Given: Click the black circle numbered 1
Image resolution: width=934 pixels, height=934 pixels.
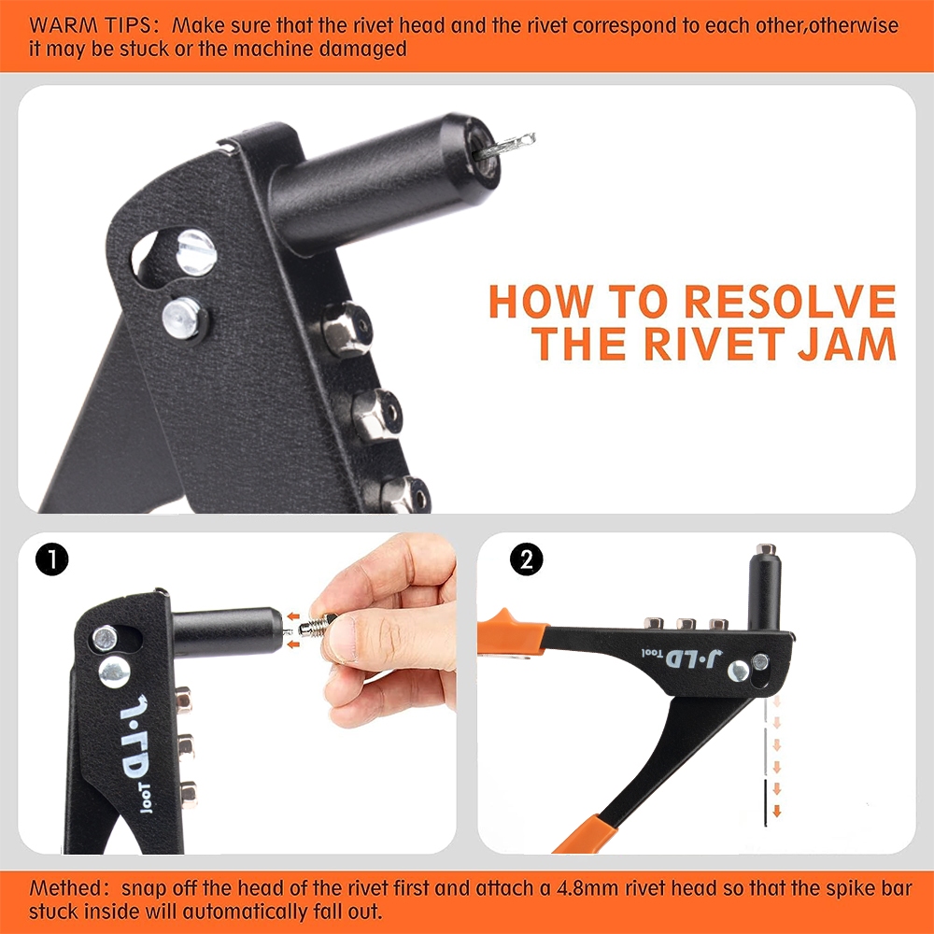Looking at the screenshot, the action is tap(51, 559).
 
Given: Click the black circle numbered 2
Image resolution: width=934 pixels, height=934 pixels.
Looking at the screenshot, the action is tap(527, 559).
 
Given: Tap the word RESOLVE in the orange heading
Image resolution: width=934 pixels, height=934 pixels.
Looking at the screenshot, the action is tap(790, 302).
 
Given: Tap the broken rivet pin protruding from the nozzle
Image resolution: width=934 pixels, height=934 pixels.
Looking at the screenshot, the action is tap(505, 146).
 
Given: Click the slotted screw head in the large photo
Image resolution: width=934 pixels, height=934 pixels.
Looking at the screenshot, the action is tap(196, 252).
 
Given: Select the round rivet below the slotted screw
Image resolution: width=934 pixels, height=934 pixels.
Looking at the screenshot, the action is tap(183, 318).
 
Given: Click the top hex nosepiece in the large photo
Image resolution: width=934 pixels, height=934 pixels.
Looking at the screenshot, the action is tap(347, 329).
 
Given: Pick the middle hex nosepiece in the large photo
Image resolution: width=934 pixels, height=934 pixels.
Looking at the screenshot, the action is tap(376, 414).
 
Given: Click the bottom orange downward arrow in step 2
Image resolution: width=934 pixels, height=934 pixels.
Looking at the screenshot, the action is tap(777, 810).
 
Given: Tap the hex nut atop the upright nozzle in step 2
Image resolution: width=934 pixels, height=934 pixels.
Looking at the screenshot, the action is tap(766, 549).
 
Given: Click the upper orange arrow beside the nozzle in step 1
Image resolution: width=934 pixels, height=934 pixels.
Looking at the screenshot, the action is tap(292, 616).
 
